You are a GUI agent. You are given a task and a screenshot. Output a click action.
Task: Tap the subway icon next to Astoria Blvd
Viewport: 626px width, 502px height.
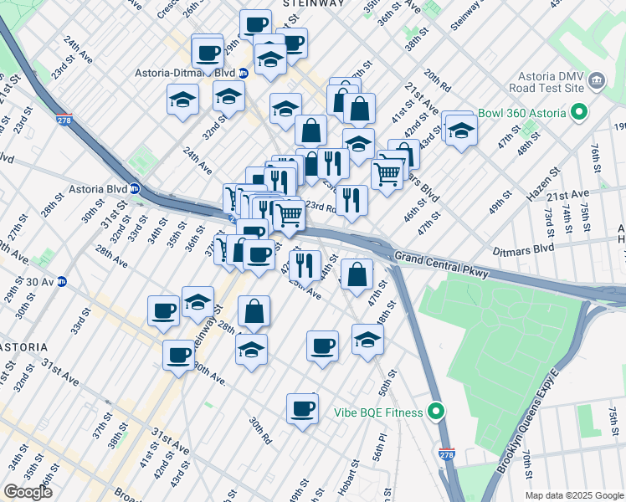pos(133,188)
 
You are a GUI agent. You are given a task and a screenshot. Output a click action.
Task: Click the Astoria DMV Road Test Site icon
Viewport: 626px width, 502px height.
pos(598,80)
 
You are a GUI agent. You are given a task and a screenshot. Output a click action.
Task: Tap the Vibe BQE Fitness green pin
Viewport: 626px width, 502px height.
pos(434,411)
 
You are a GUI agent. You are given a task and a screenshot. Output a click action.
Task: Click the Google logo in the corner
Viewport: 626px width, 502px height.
pos(28,492)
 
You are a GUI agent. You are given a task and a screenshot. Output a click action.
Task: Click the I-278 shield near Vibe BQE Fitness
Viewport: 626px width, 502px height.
pos(448,451)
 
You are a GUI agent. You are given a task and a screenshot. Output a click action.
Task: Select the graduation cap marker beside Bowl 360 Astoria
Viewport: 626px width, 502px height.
pos(461,131)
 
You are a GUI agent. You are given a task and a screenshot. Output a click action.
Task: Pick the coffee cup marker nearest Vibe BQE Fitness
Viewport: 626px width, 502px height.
pos(302,409)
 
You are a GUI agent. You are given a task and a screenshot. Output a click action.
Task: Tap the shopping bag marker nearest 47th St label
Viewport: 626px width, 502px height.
pos(357,275)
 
